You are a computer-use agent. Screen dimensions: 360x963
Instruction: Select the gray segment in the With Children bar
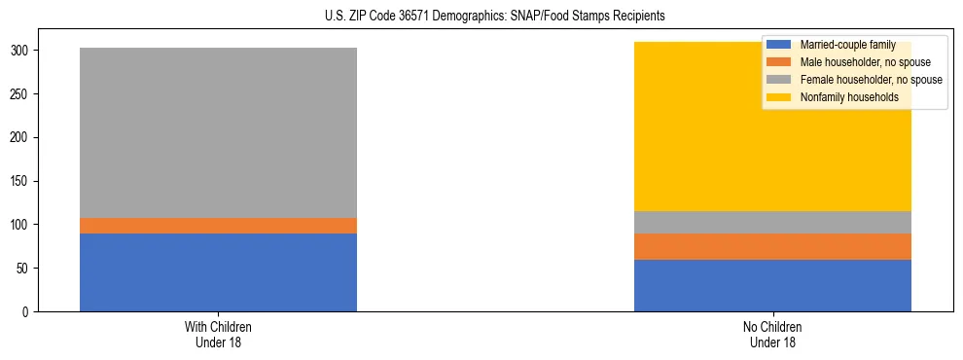tap(218, 132)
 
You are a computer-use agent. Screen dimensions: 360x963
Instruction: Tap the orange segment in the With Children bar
tap(218, 226)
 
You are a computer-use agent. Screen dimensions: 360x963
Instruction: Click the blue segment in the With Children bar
tap(218, 272)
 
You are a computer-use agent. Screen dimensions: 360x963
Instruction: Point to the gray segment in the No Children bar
tap(772, 222)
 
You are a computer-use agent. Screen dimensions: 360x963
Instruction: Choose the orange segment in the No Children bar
tap(772, 246)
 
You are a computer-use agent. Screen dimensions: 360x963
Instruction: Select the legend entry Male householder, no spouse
tap(856, 62)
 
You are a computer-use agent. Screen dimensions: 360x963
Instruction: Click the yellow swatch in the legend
tap(779, 97)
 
